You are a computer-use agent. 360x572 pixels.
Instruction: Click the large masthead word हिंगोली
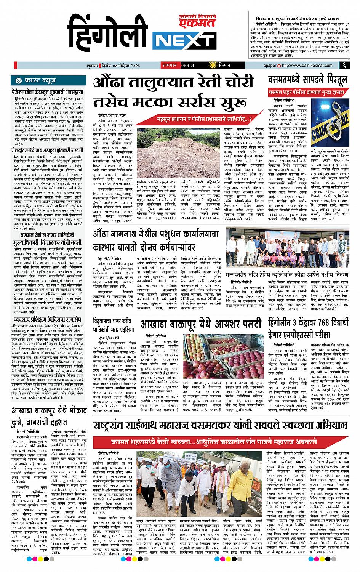click(109, 36)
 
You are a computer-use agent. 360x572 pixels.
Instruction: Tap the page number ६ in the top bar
click(344, 66)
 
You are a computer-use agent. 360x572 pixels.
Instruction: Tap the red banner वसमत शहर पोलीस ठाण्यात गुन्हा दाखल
click(309, 92)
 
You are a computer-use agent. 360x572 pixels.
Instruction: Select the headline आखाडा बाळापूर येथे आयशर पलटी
click(200, 324)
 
